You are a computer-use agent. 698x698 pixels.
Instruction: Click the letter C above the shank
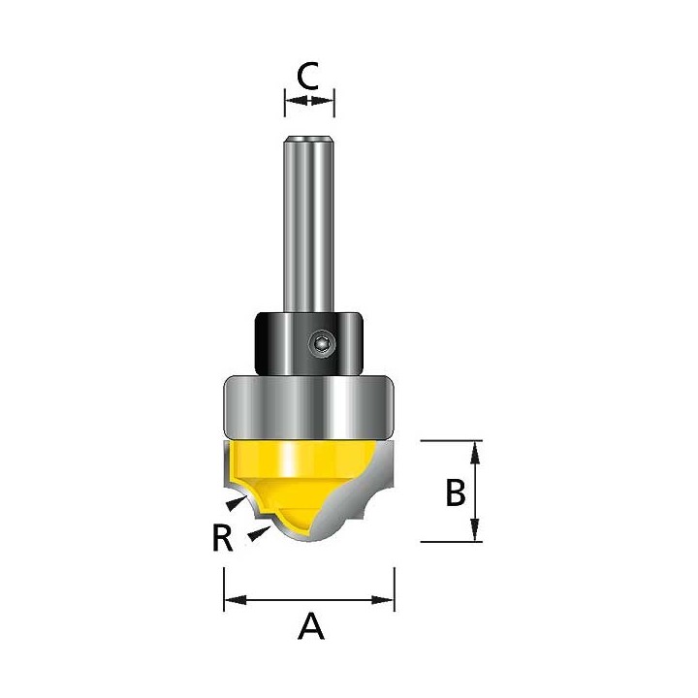[307, 76]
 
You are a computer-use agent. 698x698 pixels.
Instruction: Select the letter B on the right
[456, 492]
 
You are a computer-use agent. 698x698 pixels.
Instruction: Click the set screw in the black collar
[322, 343]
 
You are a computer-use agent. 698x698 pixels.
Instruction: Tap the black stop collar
[308, 343]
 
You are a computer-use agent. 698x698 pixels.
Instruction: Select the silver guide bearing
[309, 407]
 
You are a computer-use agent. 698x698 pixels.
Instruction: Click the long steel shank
[309, 224]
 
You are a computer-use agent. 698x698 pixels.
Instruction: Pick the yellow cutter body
[294, 476]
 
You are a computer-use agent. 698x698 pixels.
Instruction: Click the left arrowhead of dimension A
[235, 600]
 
